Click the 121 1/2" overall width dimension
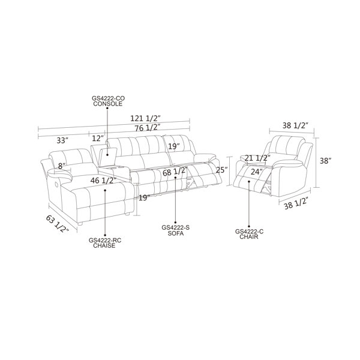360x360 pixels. [x=145, y=118]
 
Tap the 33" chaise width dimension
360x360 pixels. [x=62, y=140]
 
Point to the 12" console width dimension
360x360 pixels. [x=98, y=138]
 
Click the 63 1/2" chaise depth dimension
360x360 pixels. [x=58, y=223]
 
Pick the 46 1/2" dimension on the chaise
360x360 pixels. [x=103, y=181]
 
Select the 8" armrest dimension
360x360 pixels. [x=62, y=166]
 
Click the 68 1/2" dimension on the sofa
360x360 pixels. [x=175, y=172]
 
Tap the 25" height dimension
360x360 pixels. [x=221, y=170]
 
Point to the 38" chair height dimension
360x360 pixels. [x=326, y=161]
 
